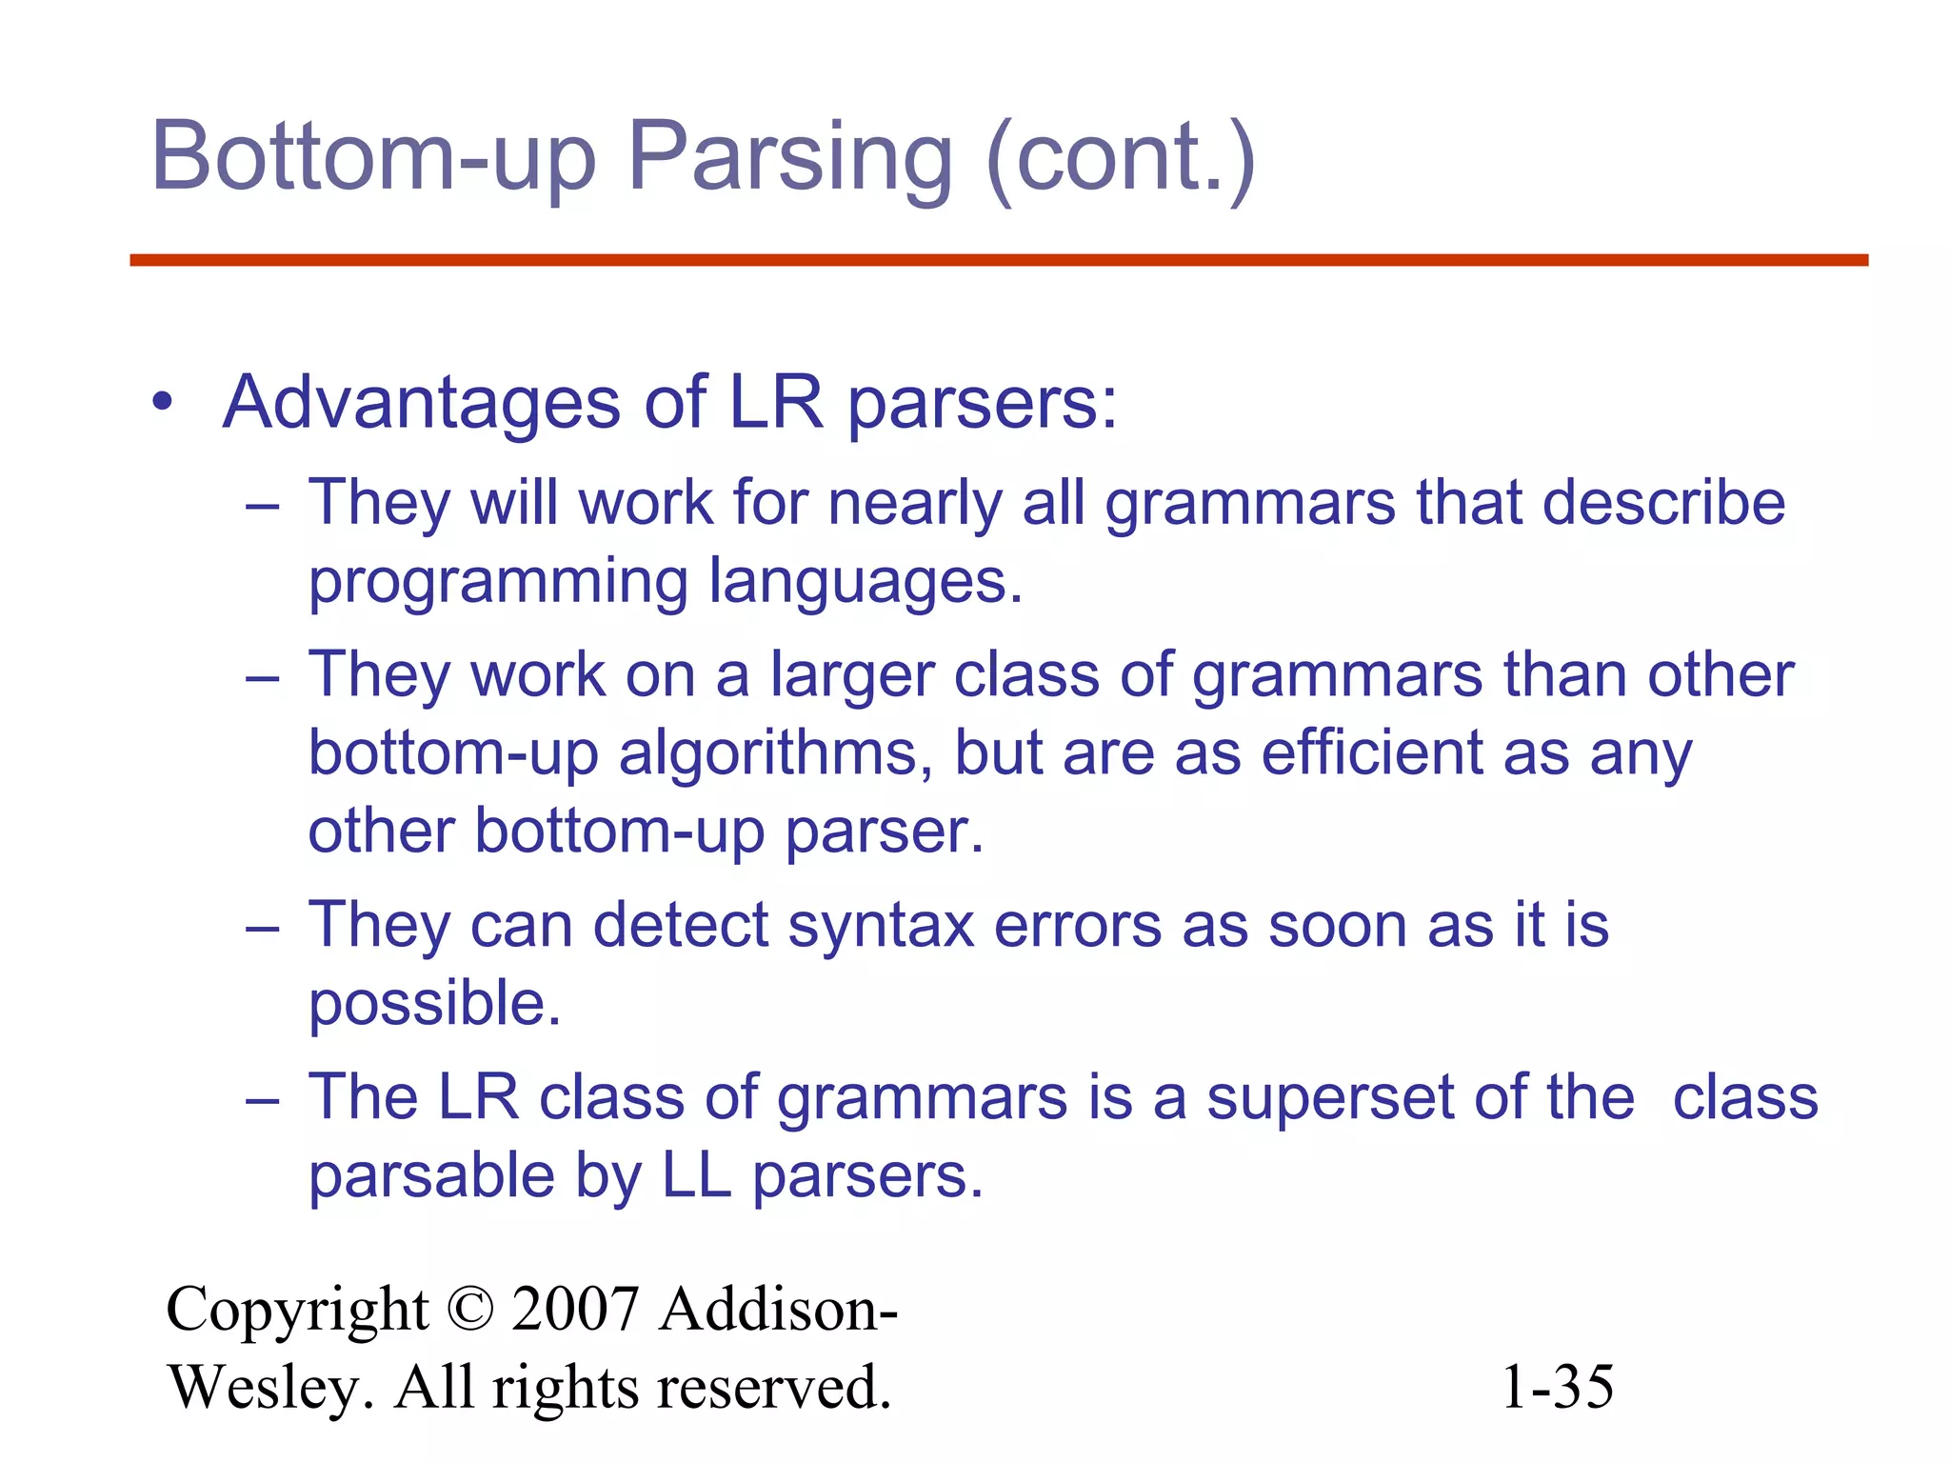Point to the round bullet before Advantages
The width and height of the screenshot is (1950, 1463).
pos(163,402)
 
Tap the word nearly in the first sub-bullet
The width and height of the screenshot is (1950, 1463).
pos(914,503)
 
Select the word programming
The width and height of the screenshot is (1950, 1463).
pos(498,582)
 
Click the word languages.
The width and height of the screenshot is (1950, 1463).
pos(866,582)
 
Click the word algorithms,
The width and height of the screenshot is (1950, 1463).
pos(775,753)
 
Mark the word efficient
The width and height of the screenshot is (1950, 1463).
pos(1371,752)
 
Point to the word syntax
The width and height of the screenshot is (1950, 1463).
pos(881,925)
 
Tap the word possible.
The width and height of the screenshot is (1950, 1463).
pos(435,1004)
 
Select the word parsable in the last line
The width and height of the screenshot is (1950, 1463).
pos(431,1176)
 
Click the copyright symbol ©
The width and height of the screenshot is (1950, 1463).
pos(469,1310)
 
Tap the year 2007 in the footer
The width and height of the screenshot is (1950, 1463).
pos(574,1310)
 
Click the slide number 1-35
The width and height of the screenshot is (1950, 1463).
pos(1557,1387)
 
